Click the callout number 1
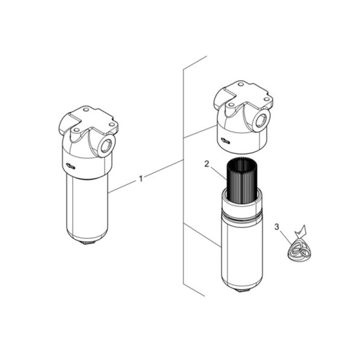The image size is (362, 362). coord(141,179)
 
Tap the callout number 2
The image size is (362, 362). coord(206,164)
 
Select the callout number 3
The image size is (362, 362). coord(276,227)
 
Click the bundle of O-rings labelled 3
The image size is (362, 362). coord(299,251)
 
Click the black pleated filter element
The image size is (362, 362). coord(242,180)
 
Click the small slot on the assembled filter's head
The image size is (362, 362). coord(70,165)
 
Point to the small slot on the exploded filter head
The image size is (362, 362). coord(225,140)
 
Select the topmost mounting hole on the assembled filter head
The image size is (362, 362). coord(86,109)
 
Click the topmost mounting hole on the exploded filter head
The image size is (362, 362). coord(241,84)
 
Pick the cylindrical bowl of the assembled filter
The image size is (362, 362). coord(87,208)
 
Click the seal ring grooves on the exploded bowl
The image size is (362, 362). coord(242,218)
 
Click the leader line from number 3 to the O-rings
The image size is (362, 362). coord(285,237)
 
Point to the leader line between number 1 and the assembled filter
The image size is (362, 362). coord(122,186)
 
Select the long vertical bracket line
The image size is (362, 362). coord(183,176)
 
